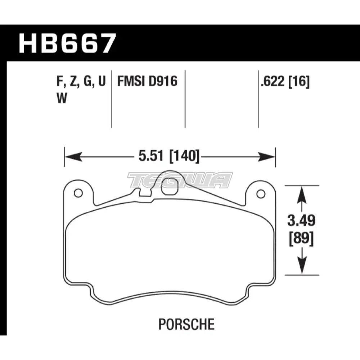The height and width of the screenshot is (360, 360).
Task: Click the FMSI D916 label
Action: [147, 82]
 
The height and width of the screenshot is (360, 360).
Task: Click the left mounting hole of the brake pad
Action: [76, 193]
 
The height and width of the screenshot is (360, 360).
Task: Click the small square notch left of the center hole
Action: [144, 194]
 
